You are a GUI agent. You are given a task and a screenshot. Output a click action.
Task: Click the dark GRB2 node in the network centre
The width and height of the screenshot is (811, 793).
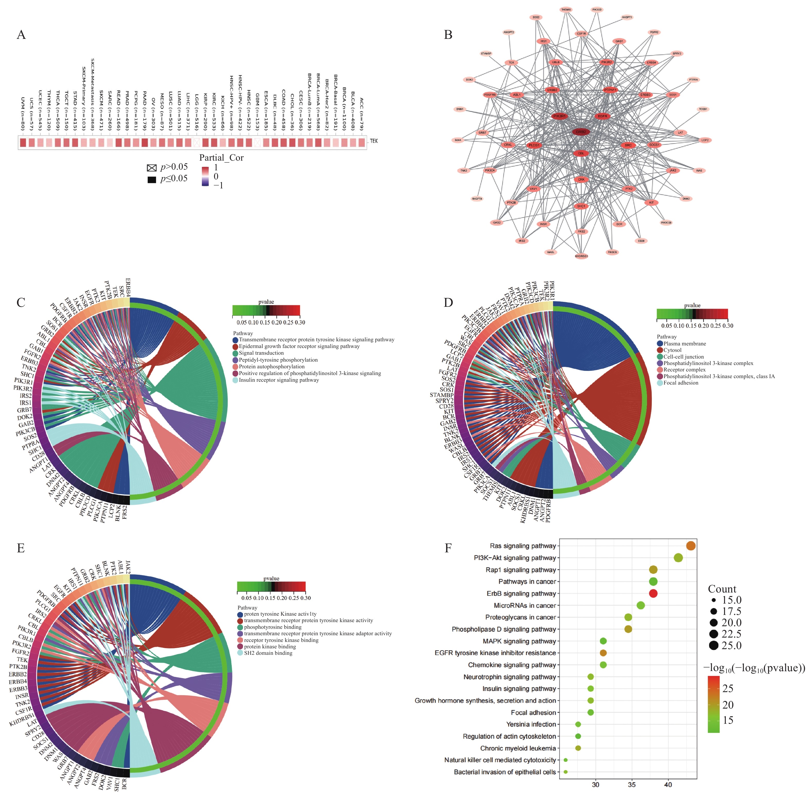(x=581, y=132)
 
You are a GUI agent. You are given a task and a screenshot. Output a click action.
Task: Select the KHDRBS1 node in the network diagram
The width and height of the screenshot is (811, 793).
(x=581, y=256)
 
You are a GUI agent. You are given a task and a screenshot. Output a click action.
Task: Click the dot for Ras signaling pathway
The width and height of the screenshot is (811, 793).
(x=691, y=546)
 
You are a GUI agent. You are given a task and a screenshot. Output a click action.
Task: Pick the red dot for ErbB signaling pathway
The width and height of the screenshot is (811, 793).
(x=653, y=593)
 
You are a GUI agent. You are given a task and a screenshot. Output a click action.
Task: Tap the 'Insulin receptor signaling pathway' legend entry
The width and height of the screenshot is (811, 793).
(x=279, y=380)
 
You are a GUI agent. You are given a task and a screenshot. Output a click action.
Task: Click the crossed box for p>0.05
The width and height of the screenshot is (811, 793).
(x=152, y=168)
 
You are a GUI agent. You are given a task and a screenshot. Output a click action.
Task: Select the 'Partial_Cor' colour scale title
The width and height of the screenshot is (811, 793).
(x=221, y=158)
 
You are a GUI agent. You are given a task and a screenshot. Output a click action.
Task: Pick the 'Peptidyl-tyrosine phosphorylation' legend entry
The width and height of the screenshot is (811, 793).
(x=278, y=360)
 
